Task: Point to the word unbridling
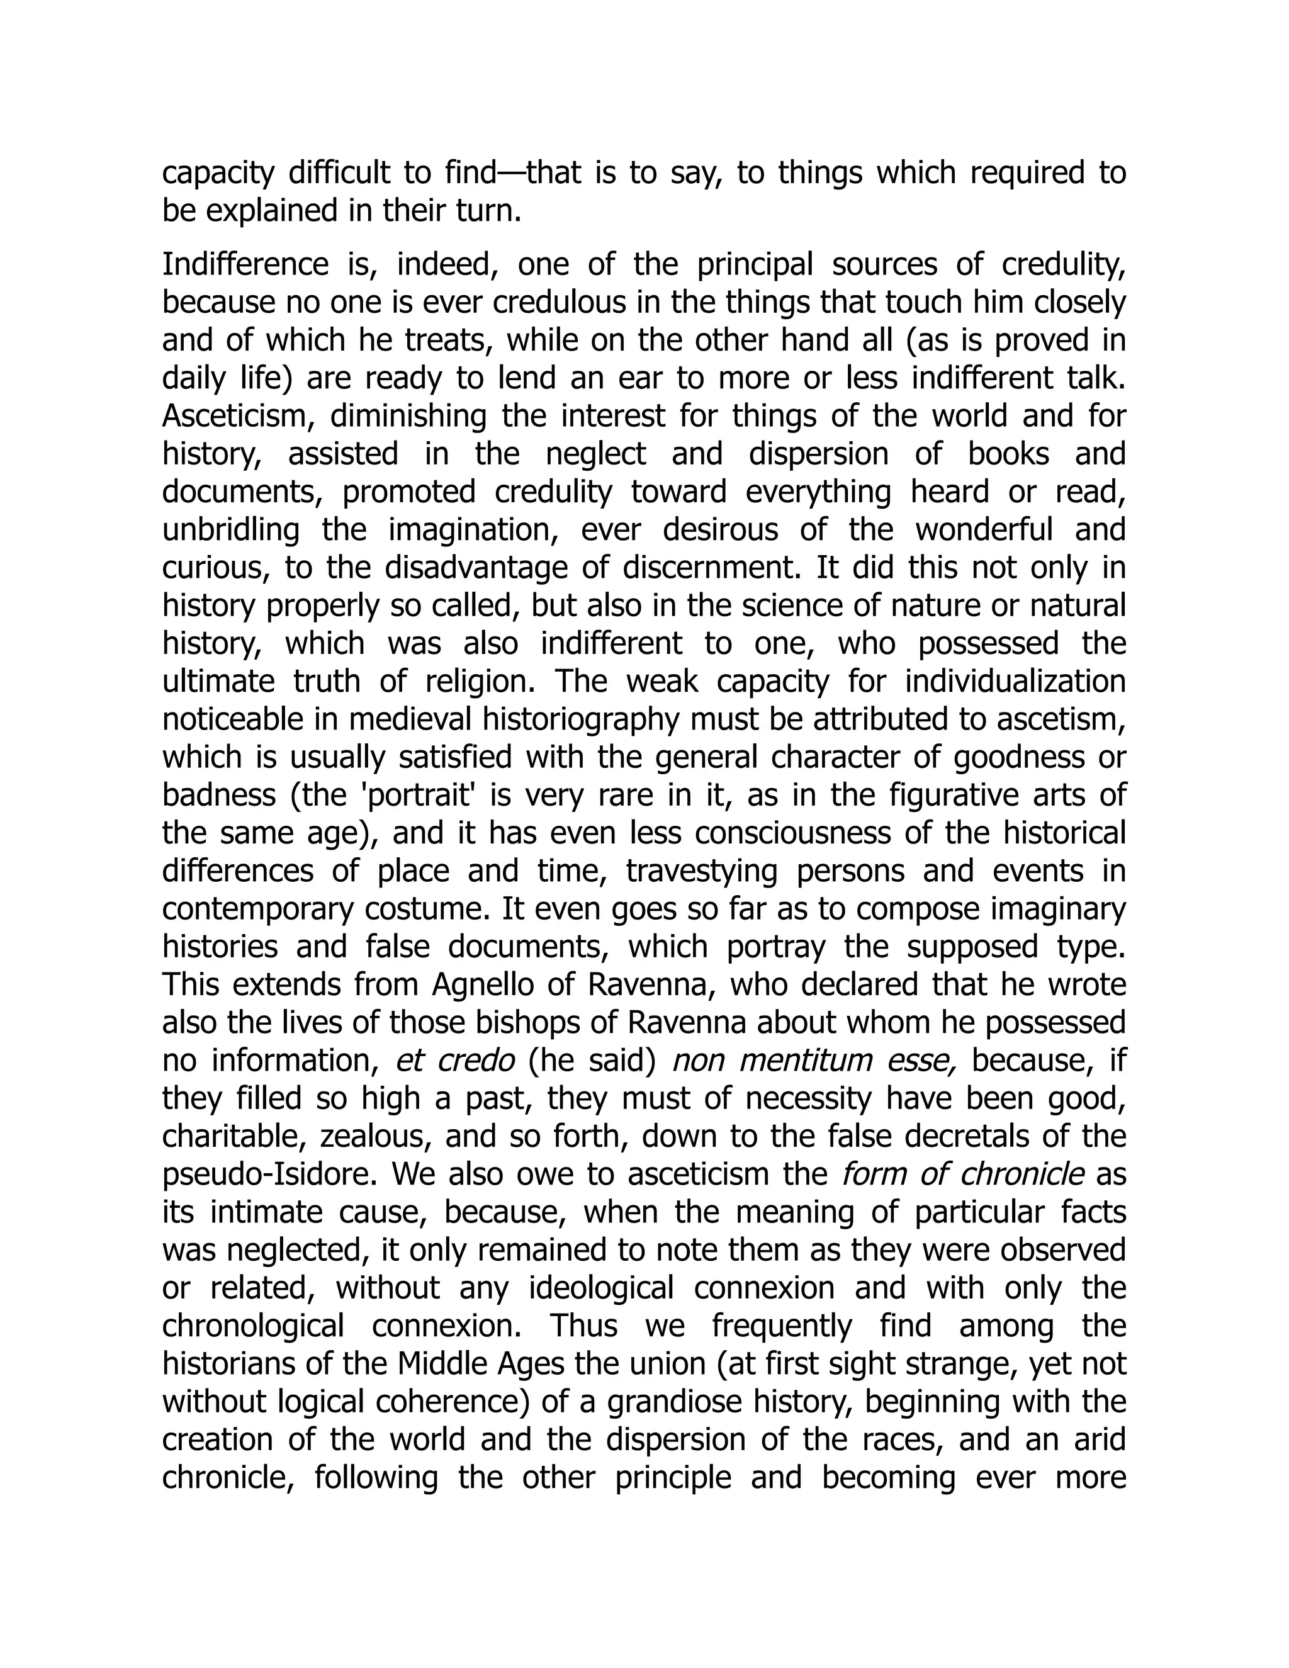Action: coord(230,530)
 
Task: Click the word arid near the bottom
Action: coord(1100,1439)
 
